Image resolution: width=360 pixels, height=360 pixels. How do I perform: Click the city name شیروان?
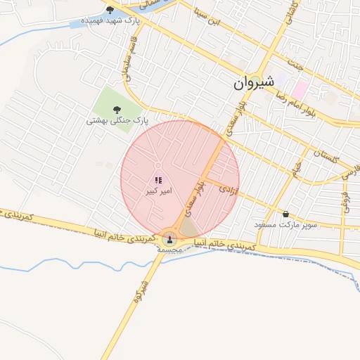pyautogui.click(x=251, y=84)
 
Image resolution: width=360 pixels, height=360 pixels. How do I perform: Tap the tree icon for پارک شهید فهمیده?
pyautogui.click(x=110, y=10)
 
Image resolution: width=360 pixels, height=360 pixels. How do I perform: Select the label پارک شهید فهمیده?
pyautogui.click(x=110, y=21)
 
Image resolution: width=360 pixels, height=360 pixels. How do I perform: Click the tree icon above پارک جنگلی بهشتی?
pyautogui.click(x=117, y=109)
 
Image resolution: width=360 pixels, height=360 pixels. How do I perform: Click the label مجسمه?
pyautogui.click(x=169, y=250)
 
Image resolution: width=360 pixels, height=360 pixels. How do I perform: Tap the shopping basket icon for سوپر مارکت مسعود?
pyautogui.click(x=285, y=214)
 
